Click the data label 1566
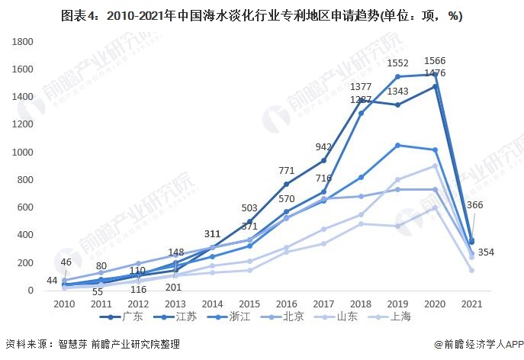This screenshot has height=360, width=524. pos(435,61)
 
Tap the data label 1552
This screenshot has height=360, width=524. pos(397,63)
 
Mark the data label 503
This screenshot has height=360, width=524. pos(249,208)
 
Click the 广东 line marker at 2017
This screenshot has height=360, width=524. pos(323,160)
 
